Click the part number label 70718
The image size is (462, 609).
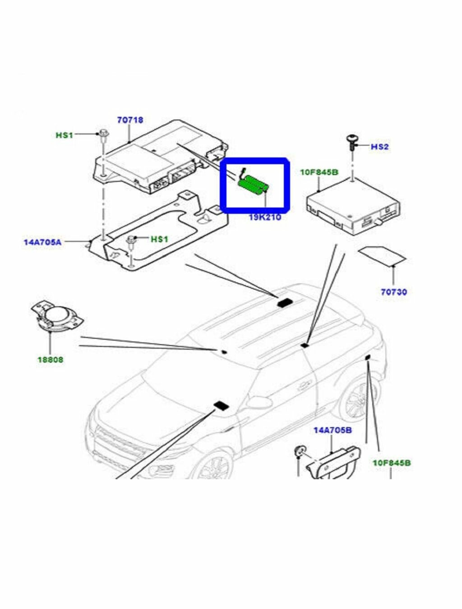pyautogui.click(x=130, y=120)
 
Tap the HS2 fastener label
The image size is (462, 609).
pyautogui.click(x=380, y=147)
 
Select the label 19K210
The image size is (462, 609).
pyautogui.click(x=265, y=217)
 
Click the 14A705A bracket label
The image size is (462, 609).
pyautogui.click(x=42, y=242)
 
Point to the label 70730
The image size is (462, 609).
pyautogui.click(x=393, y=292)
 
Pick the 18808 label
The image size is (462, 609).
pyautogui.click(x=50, y=360)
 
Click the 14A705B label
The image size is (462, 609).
pyautogui.click(x=333, y=430)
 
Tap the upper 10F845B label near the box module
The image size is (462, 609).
pyautogui.click(x=319, y=172)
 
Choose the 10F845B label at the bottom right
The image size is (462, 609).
pyautogui.click(x=391, y=463)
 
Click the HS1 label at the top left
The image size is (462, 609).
pyautogui.click(x=65, y=135)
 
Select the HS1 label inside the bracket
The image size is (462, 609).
pyautogui.click(x=160, y=239)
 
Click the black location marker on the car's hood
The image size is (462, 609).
pyautogui.click(x=221, y=406)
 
